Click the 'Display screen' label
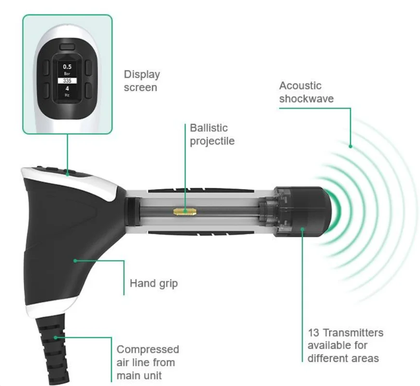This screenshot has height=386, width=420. click(142, 81)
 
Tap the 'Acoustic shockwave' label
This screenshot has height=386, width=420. click(300, 92)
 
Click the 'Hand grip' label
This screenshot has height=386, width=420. click(154, 283)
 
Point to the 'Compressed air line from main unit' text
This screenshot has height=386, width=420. click(148, 362)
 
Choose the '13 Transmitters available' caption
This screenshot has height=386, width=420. click(345, 345)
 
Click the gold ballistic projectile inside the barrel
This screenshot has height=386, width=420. click(185, 211)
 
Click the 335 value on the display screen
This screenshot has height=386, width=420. click(67, 81)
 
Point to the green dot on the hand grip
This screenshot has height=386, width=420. click(75, 261)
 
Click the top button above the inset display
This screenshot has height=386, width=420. click(68, 47)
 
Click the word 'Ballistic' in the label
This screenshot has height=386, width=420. click(209, 128)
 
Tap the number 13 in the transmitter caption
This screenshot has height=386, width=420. click(313, 333)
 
